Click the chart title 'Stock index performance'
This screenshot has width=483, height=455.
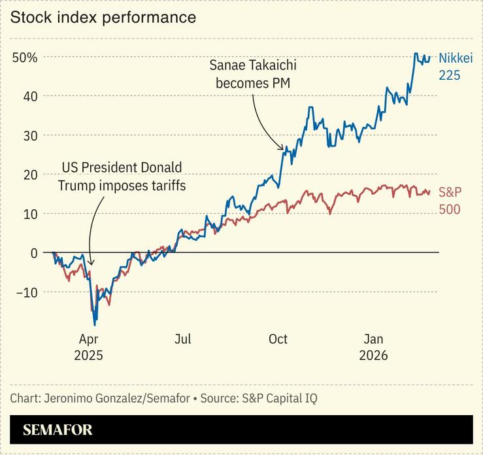point(103,18)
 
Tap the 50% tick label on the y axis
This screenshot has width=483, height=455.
point(25,58)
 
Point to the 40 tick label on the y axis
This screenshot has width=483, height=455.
point(30,96)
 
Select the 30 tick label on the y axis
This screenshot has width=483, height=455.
point(30,135)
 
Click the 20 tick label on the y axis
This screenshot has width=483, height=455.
point(30,175)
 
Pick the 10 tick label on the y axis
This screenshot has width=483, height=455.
point(30,214)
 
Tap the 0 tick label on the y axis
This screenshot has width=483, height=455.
point(34,253)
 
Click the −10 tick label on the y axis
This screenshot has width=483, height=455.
point(26,292)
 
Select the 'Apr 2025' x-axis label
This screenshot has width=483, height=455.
point(88,347)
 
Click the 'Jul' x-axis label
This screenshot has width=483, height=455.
point(183,339)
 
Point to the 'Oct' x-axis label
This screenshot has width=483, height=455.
point(278,339)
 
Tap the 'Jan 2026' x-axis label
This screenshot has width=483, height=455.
point(373,347)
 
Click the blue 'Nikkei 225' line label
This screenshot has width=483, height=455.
point(454,67)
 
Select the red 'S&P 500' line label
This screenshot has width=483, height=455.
point(450,201)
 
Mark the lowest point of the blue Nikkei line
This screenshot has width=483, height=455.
point(95,324)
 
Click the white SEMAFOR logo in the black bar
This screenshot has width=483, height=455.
point(58,430)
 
